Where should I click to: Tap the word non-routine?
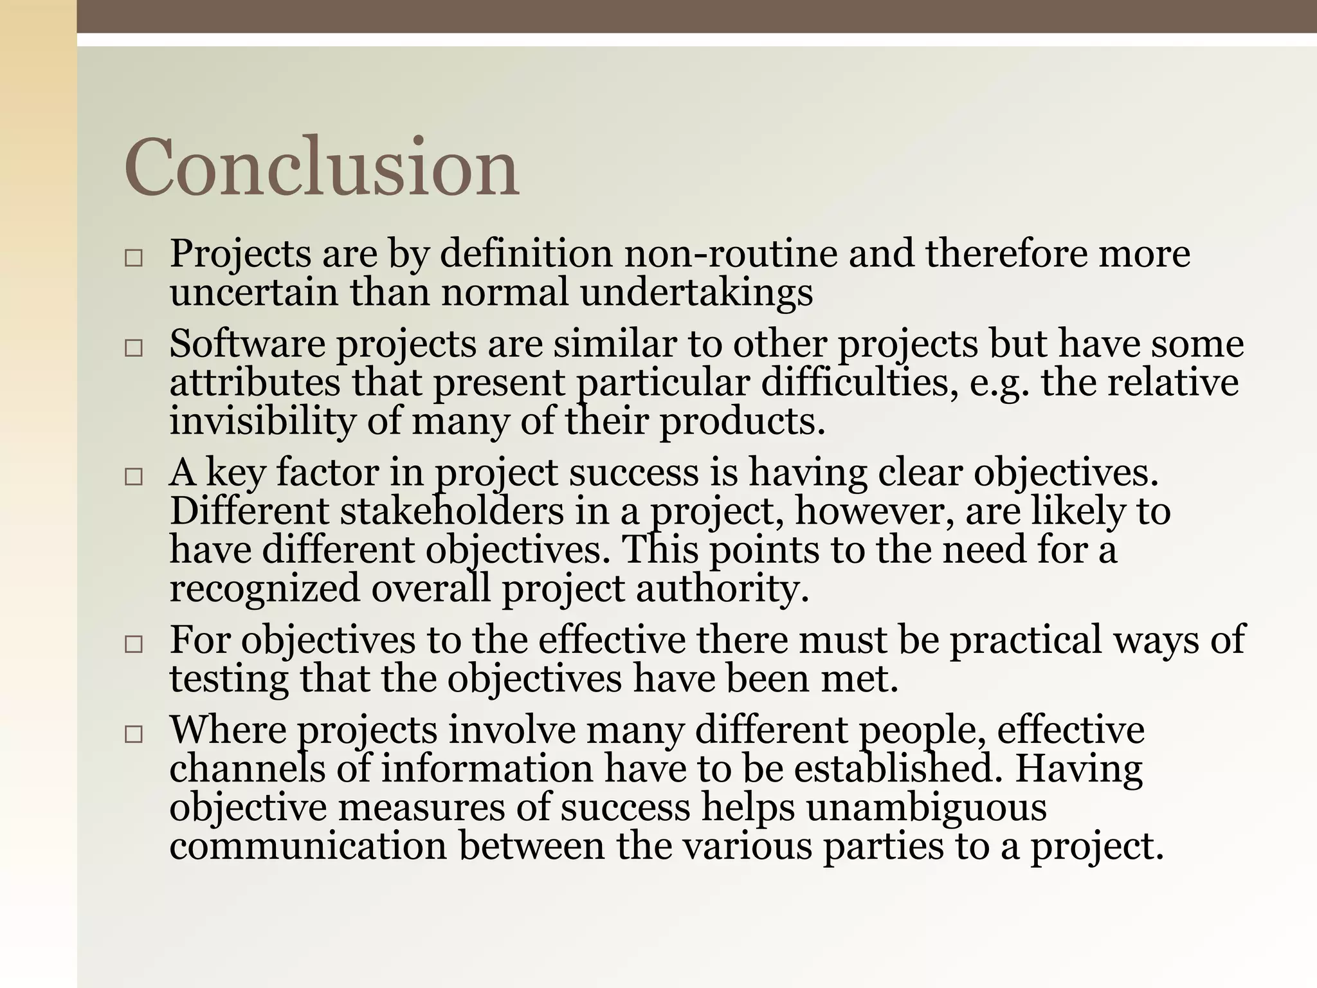pos(731,253)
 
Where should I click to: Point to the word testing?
pos(229,679)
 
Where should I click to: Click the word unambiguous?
pos(927,808)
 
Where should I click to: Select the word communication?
pos(308,846)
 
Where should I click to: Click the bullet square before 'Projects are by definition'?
pos(133,259)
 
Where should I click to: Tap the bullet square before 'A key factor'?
pos(133,477)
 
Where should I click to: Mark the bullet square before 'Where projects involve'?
pos(133,735)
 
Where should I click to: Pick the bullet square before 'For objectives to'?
pos(133,645)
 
